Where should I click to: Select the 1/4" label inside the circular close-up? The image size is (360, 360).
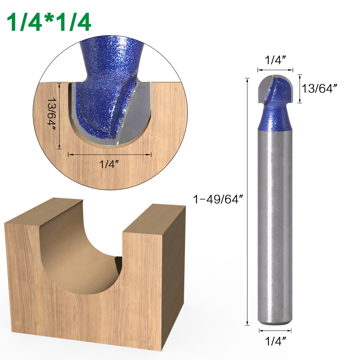pos(109,164)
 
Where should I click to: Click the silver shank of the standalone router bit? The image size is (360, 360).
pos(275,223)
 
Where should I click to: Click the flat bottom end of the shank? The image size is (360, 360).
pos(275,323)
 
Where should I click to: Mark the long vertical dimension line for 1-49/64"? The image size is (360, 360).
pos(247,201)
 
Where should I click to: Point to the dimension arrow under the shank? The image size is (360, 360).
pos(275,330)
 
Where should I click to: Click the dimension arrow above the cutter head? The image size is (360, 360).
pos(275,70)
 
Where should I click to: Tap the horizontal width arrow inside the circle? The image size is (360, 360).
pos(109,155)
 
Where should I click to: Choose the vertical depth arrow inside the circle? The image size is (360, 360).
pos(60,115)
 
